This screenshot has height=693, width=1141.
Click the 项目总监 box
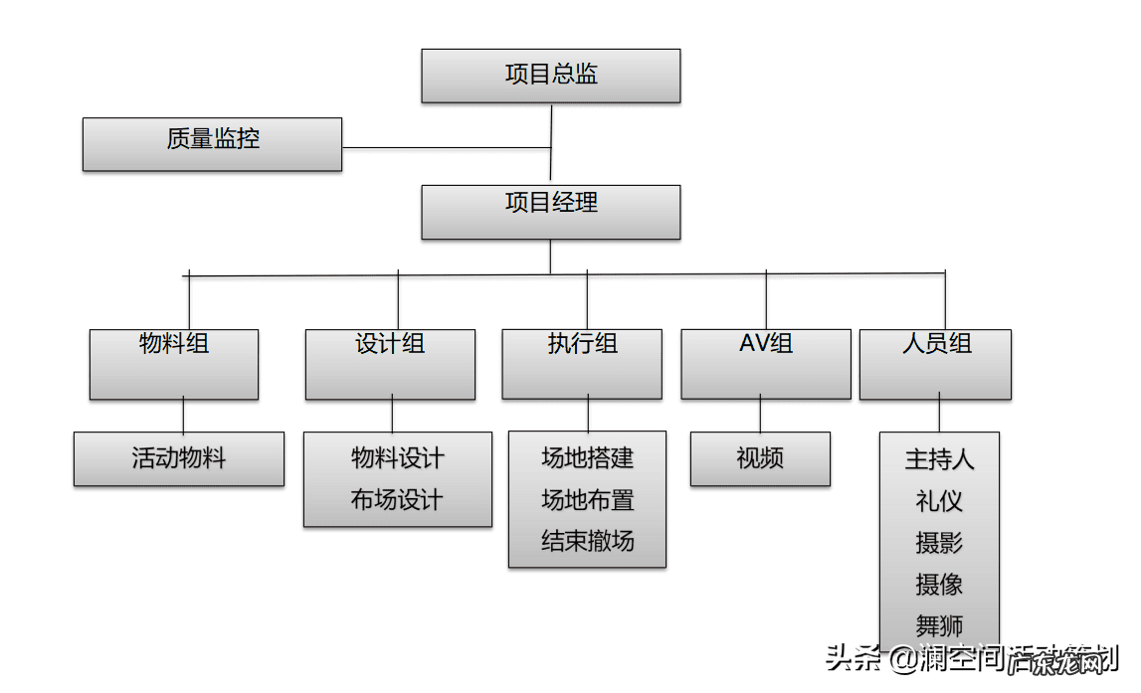[550, 76]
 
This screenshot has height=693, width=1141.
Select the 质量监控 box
[212, 143]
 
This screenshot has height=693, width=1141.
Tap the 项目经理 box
[550, 211]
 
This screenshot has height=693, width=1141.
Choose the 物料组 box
[174, 364]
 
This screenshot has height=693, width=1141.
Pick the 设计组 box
[390, 364]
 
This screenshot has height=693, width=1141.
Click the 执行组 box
[582, 364]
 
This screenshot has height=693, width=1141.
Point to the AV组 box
[765, 364]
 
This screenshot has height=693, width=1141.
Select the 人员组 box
[935, 364]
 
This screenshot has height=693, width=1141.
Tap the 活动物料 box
[179, 458]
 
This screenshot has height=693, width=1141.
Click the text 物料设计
[397, 458]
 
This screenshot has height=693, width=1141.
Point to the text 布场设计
[397, 500]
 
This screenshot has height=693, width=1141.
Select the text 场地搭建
[587, 458]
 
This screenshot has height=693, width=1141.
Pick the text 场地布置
[587, 500]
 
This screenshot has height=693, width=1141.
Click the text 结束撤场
[587, 542]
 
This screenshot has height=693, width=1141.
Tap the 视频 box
[760, 458]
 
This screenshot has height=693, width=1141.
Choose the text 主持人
[939, 459]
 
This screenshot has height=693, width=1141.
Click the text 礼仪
[939, 501]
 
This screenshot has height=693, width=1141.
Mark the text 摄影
[939, 543]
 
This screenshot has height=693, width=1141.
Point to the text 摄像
[939, 585]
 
